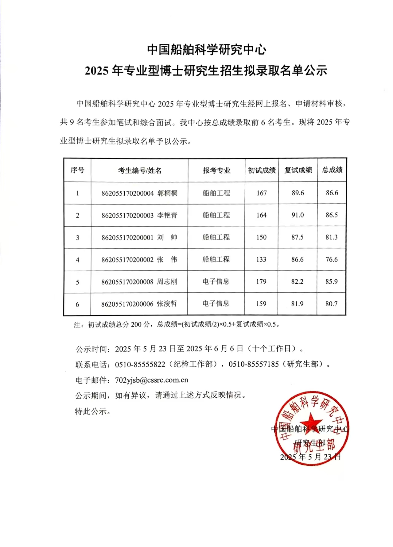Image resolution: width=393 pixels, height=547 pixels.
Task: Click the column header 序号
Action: click(x=77, y=170)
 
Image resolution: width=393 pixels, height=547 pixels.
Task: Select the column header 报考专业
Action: click(x=216, y=170)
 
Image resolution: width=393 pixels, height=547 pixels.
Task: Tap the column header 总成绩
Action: click(x=332, y=170)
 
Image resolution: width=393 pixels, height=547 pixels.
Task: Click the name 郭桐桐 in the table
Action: click(x=167, y=193)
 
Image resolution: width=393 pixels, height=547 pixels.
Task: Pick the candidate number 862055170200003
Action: click(x=127, y=216)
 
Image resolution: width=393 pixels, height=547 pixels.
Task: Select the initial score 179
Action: click(x=261, y=281)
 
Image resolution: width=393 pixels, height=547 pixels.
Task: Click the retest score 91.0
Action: click(x=298, y=215)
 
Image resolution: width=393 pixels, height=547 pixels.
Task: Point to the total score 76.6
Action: click(x=332, y=259)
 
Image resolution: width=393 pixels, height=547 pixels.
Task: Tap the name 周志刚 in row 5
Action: click(x=167, y=281)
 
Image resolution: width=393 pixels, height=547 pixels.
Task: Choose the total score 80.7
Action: click(x=332, y=304)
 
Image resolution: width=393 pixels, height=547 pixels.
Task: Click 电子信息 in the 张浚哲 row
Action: click(x=216, y=304)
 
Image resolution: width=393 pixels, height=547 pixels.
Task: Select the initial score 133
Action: click(x=261, y=259)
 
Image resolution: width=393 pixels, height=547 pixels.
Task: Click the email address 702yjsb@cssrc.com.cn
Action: click(x=152, y=380)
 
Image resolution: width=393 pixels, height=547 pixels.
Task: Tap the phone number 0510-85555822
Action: click(x=140, y=364)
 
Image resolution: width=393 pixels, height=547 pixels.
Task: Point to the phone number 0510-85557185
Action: click(x=254, y=364)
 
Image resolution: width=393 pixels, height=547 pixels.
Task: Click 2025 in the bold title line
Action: click(x=97, y=71)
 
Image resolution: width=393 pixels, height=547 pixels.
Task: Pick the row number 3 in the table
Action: click(x=77, y=238)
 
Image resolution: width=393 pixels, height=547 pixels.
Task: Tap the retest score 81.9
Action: click(x=297, y=304)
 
